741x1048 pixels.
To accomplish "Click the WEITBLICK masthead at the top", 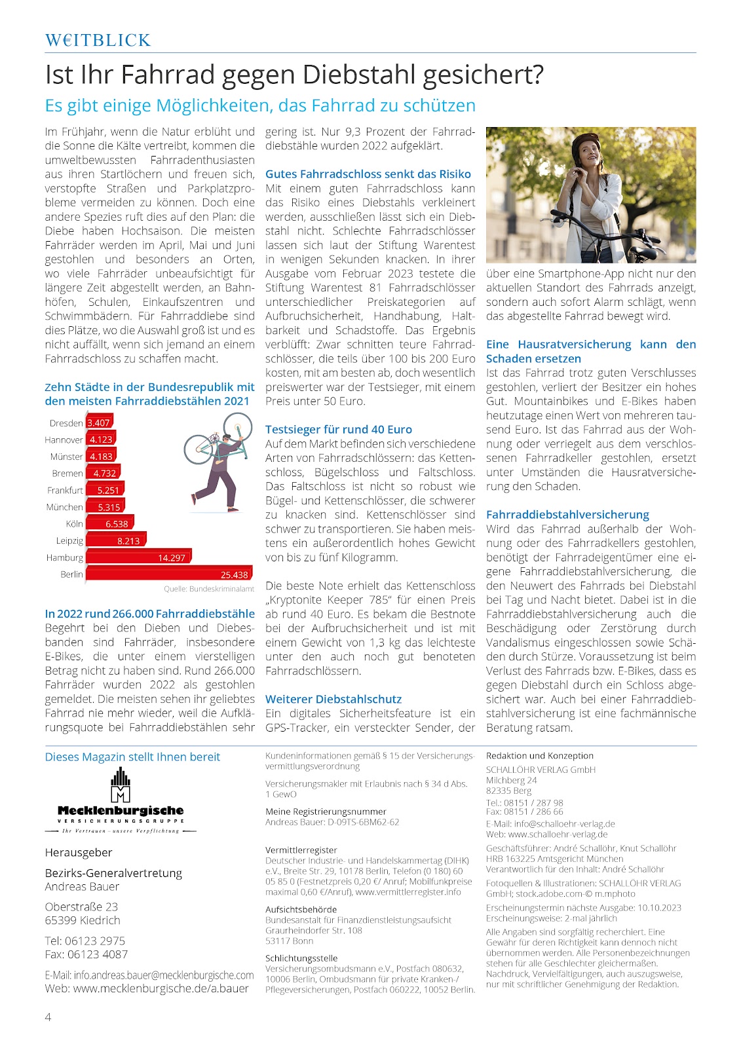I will [x=98, y=41].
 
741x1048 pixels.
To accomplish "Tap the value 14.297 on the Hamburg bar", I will [x=172, y=557].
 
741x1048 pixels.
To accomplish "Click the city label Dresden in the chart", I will [x=66, y=423].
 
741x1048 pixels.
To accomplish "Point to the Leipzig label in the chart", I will [x=69, y=540].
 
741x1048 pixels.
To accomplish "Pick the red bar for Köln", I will [x=110, y=523].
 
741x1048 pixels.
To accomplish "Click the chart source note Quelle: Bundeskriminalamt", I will [x=209, y=589].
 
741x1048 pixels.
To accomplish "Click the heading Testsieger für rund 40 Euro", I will [x=339, y=430].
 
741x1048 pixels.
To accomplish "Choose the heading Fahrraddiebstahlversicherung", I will [x=567, y=515].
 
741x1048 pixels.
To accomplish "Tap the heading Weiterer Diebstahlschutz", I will [x=333, y=699].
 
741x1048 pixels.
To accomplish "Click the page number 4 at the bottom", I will [x=48, y=1017].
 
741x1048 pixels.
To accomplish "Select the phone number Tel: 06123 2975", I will [x=85, y=941].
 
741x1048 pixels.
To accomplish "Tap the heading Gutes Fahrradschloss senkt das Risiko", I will [x=368, y=174].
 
